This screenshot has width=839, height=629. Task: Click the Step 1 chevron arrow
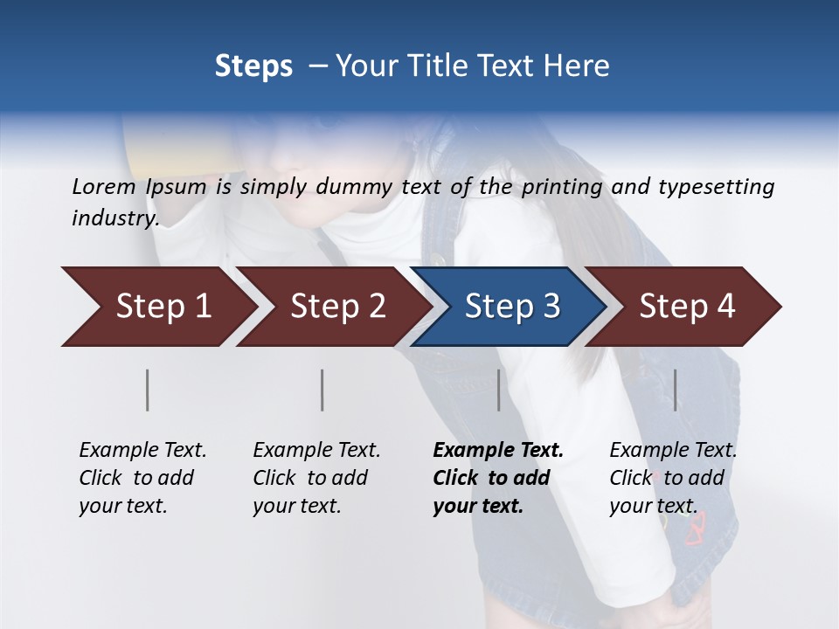[157, 307]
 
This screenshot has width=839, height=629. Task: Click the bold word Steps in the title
[253, 66]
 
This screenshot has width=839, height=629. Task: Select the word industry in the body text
[114, 218]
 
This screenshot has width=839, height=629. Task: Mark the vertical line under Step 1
[148, 390]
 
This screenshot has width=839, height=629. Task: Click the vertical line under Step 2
[322, 390]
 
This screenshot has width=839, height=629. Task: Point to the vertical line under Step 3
[499, 390]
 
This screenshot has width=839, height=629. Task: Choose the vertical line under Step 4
[676, 390]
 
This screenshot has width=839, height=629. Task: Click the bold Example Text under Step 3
[498, 450]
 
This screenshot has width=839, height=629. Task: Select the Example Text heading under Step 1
[142, 450]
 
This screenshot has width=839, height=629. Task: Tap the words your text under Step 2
[297, 506]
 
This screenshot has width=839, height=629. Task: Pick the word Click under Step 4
[630, 478]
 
